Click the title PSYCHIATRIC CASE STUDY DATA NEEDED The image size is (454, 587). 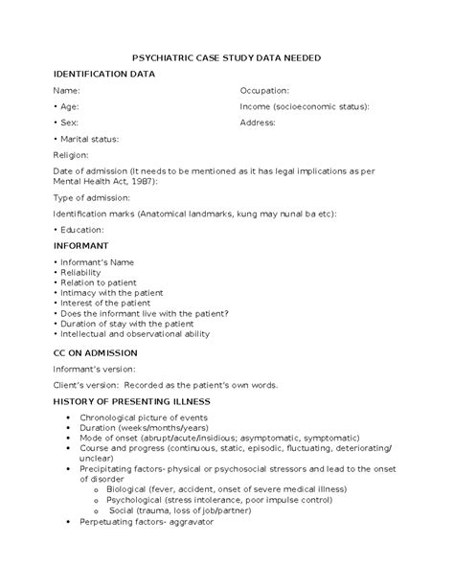[226, 58]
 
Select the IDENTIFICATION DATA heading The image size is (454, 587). [100, 74]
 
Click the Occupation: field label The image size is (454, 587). [270, 89]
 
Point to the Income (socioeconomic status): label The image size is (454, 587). [305, 106]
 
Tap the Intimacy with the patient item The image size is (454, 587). [111, 293]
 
